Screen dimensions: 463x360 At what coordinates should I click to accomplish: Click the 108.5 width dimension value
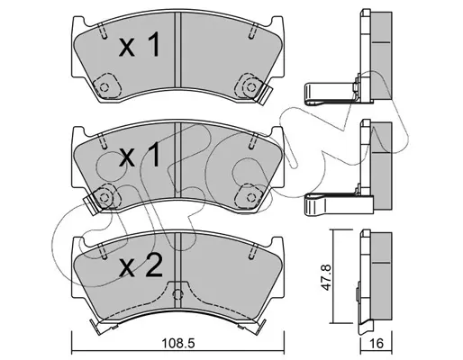point(178,343)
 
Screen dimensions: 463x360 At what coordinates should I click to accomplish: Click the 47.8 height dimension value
point(326,277)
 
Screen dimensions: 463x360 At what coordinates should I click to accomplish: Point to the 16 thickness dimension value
point(377,343)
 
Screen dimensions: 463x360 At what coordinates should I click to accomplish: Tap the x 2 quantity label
point(141,265)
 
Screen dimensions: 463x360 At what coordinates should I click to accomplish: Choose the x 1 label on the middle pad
point(140,154)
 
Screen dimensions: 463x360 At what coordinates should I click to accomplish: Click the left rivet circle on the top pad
point(104,87)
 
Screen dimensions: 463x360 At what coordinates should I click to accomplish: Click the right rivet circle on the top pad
point(250,87)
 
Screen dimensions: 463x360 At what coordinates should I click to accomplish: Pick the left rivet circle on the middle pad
point(104,197)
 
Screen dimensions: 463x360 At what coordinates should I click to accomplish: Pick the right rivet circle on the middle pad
point(250,197)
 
